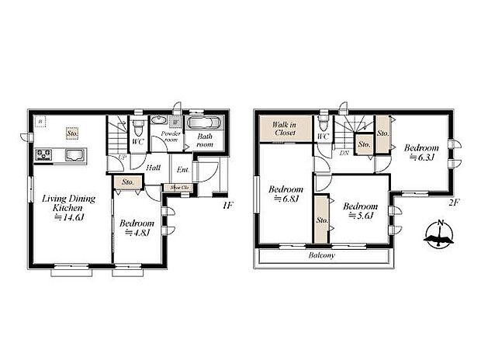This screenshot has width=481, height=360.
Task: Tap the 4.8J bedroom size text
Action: tap(137, 234)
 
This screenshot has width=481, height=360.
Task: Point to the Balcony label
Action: tap(320, 254)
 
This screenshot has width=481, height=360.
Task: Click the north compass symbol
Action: tap(440, 234)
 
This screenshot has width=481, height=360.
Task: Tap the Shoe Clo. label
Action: tap(179, 187)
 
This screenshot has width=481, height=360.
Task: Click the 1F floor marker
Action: tap(227, 205)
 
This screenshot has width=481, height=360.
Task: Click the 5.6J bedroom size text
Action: tap(361, 216)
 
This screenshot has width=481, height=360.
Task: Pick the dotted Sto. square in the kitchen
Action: tap(71, 133)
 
